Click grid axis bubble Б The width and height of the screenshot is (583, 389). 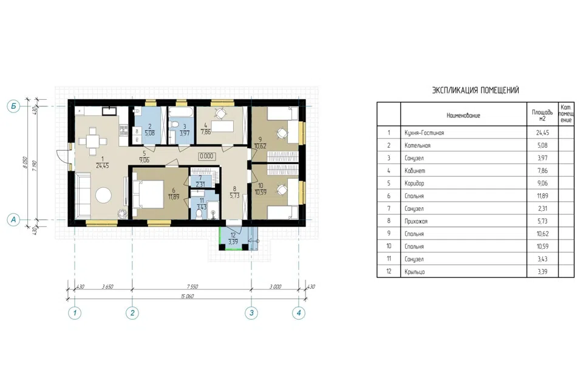13,106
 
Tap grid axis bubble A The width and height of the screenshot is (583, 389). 13,219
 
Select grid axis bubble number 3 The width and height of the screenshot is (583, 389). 251,312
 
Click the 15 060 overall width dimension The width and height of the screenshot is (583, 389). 187,297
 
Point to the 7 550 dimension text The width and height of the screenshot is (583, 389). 193,287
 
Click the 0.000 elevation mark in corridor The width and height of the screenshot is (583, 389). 206,156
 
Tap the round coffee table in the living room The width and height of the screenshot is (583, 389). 103,195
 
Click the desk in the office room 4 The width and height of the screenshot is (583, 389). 222,126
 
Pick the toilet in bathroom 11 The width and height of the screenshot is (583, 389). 199,214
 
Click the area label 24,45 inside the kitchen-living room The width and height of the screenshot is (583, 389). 102,166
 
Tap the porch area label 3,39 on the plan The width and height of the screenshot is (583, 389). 233,241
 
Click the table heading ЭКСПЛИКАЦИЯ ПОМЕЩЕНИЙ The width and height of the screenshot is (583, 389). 475,90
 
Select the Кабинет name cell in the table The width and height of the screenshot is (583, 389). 415,171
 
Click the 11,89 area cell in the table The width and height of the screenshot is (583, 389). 542,196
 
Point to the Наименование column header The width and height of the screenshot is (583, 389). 463,115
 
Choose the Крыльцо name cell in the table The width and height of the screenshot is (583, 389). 415,272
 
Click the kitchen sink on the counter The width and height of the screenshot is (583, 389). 109,111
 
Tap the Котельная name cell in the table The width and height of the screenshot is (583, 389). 418,145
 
